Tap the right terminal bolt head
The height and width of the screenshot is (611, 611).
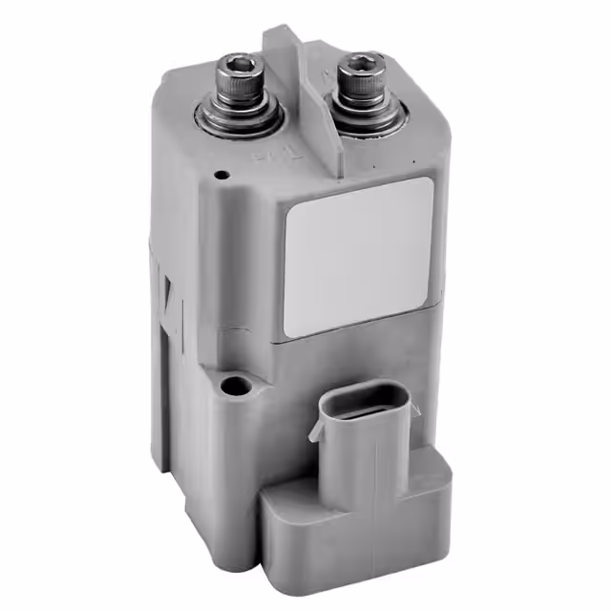click(362, 73)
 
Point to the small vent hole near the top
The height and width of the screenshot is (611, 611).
click(221, 176)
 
